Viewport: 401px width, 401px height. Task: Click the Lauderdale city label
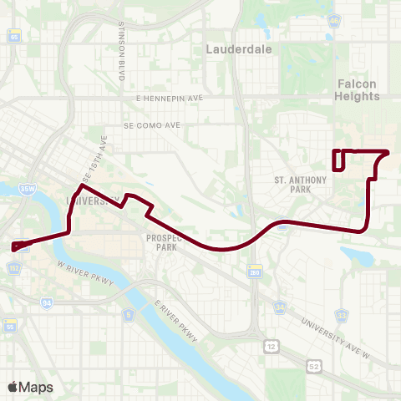click(x=228, y=50)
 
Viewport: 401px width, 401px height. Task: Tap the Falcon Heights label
click(x=358, y=89)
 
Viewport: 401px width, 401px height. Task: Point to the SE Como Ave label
click(x=152, y=125)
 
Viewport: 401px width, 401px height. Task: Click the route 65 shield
click(x=13, y=61)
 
